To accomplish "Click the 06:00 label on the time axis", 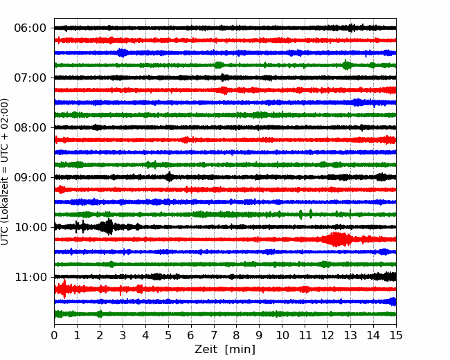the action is click(30, 28).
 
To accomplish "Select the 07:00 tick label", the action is click(30, 78).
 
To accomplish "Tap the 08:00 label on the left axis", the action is click(30, 127).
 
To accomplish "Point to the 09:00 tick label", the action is click(30, 177).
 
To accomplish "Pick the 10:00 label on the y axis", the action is click(30, 227).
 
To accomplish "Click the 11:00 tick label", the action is click(30, 277).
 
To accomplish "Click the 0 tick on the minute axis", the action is click(54, 335).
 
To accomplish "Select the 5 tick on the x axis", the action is click(168, 335).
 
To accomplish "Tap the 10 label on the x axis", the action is click(282, 335).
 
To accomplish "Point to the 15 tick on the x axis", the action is click(396, 335).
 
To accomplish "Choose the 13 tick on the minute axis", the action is click(350, 335).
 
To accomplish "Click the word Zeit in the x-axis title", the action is click(205, 350).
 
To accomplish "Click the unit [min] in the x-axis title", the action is click(240, 350).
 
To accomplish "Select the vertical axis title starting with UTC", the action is click(5, 172).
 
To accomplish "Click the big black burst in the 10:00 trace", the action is click(107, 227).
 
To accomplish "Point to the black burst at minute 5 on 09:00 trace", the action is click(170, 177).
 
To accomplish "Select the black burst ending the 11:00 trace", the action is click(386, 276).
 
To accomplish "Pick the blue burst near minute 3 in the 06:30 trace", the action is click(123, 53).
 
